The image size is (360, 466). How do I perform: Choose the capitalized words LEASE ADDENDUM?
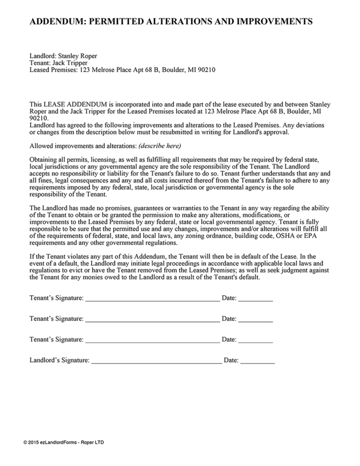point(75,104)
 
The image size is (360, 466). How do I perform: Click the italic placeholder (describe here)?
point(160,146)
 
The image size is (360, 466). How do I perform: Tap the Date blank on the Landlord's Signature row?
point(257,361)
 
